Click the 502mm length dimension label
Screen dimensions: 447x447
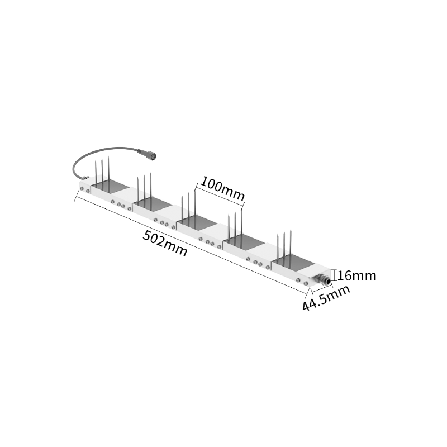165,244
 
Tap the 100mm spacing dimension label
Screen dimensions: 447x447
222,189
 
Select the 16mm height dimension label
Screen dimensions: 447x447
356,275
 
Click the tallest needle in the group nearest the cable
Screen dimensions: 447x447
108,171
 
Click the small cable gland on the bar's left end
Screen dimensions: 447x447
85,178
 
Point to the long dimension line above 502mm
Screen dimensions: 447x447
191,244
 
